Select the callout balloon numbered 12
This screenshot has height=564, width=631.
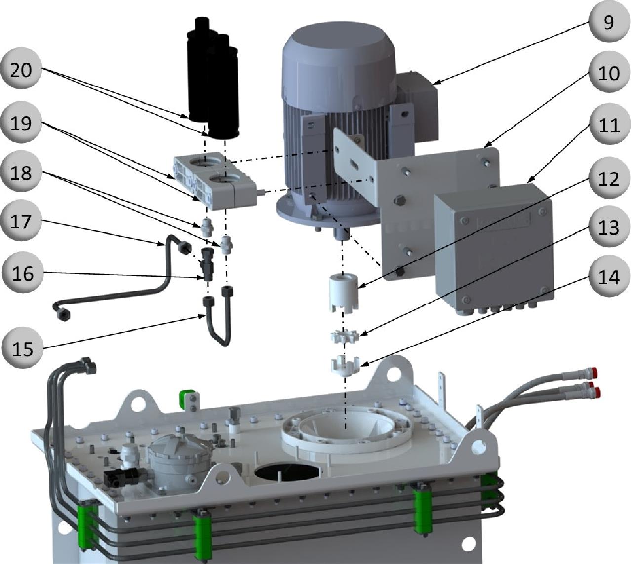coord(609,178)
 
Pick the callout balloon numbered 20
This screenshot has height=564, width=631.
coord(21,69)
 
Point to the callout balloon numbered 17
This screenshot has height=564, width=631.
coord(21,221)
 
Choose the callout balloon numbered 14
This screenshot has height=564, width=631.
coord(609,277)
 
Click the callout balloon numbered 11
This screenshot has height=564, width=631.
coord(609,125)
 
